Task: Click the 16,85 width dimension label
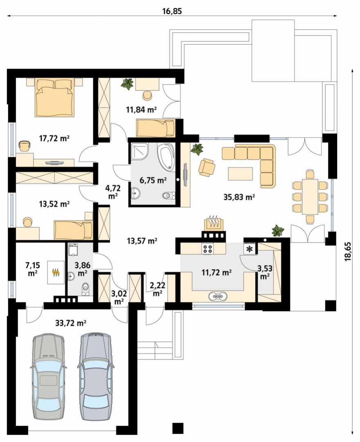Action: pyautogui.click(x=172, y=11)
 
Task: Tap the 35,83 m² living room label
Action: pyautogui.click(x=239, y=197)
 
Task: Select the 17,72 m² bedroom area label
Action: pyautogui.click(x=54, y=138)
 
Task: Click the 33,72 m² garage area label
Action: pyautogui.click(x=70, y=323)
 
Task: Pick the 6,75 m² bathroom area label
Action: pyautogui.click(x=153, y=180)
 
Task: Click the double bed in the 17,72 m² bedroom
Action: pyautogui.click(x=55, y=97)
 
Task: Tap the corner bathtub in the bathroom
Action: pyautogui.click(x=166, y=157)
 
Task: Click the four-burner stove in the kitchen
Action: pyautogui.click(x=208, y=248)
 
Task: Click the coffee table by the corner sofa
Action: pyautogui.click(x=240, y=173)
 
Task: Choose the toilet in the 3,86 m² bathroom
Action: pyautogui.click(x=85, y=289)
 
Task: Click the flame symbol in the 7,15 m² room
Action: pyautogui.click(x=56, y=272)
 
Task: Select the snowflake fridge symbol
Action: pyautogui.click(x=250, y=249)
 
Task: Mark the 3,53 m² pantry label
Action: pyautogui.click(x=265, y=272)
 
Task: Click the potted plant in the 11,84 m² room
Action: pyautogui.click(x=127, y=84)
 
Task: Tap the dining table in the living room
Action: pyautogui.click(x=310, y=196)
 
